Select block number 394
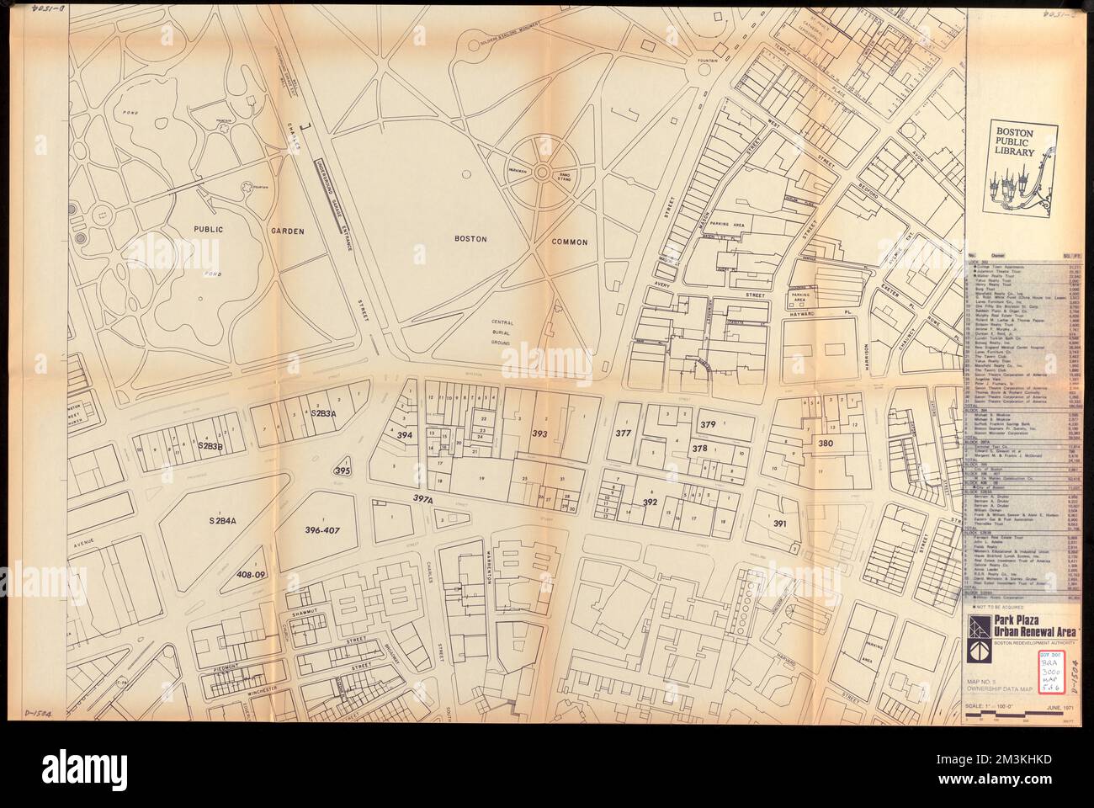pyautogui.click(x=405, y=435)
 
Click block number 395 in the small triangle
pyautogui.click(x=343, y=471)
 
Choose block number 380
pyautogui.click(x=826, y=443)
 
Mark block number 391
pyautogui.click(x=780, y=524)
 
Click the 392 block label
pyautogui.click(x=650, y=502)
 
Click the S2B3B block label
pyautogui.click(x=210, y=443)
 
